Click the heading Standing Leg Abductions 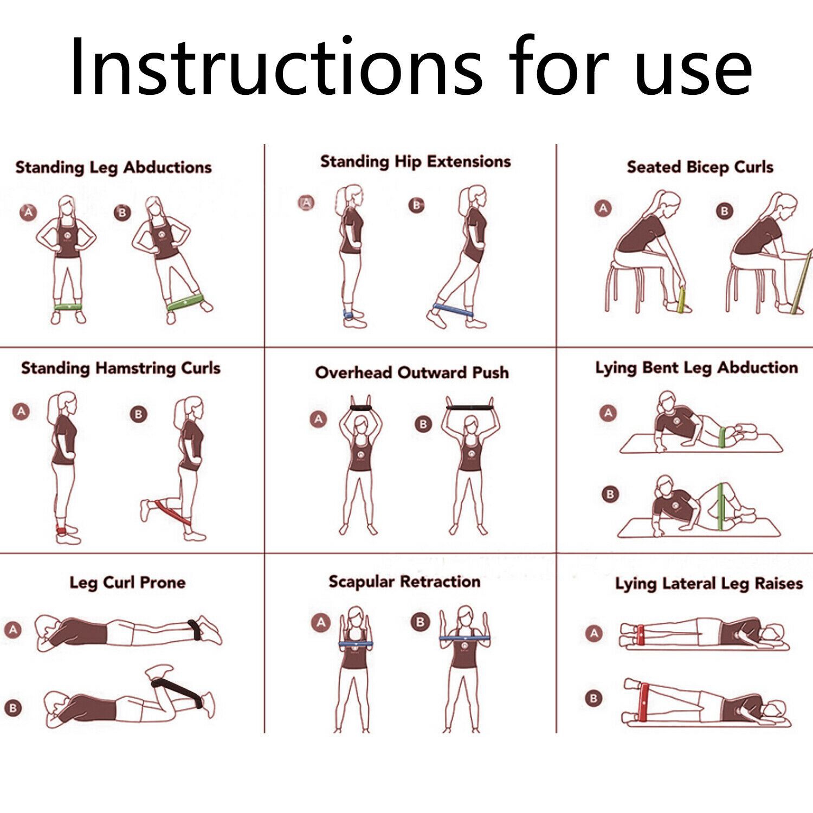pos(113,167)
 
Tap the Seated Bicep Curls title pos(700,167)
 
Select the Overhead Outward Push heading pos(412,373)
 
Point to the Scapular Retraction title pos(404,582)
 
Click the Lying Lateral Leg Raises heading pos(708,584)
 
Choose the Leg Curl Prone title pos(127,583)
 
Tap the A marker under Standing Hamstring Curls pos(21,411)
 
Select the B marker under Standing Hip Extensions pos(416,205)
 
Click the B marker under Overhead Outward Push pos(423,424)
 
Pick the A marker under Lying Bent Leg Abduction pos(608,413)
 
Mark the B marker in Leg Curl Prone pos(13,707)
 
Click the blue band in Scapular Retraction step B pos(462,638)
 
